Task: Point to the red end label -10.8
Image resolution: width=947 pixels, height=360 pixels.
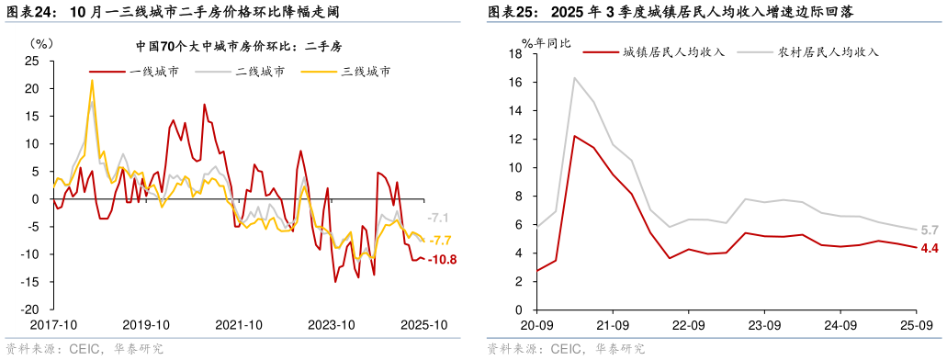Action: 444,260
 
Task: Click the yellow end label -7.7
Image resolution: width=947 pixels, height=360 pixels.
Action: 441,241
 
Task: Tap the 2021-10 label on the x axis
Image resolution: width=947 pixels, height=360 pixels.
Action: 239,325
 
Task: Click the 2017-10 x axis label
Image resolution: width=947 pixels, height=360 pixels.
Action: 53,325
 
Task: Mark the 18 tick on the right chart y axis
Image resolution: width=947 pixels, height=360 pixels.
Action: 515,54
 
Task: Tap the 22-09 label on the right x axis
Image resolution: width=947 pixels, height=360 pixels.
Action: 688,325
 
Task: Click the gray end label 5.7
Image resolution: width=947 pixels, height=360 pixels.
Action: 929,230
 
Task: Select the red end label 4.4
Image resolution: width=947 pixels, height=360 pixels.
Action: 929,248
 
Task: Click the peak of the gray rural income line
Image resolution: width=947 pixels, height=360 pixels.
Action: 575,78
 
